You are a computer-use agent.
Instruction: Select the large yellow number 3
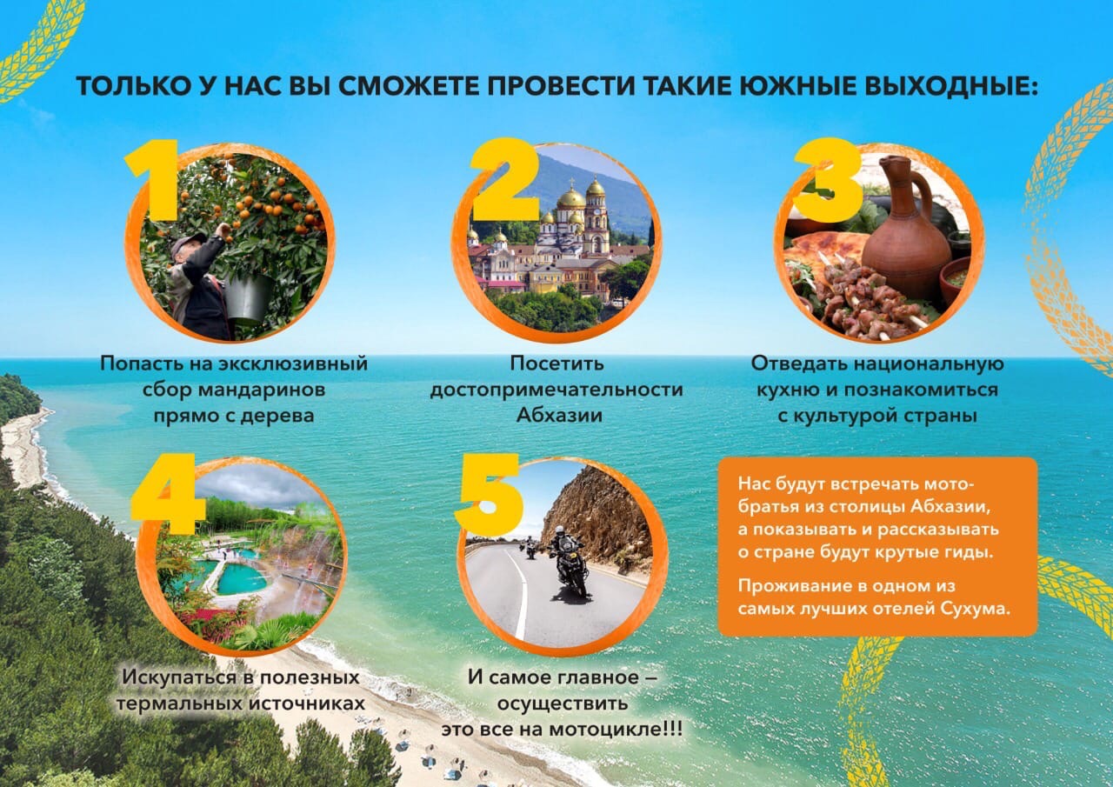827,180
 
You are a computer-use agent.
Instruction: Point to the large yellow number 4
168,493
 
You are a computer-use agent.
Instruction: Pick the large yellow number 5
490,493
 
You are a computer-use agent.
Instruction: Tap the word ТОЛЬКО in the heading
134,86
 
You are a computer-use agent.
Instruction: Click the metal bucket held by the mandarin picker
248,297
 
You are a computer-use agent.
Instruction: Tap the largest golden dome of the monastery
571,197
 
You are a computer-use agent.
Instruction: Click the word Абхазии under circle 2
559,416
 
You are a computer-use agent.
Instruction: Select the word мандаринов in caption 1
262,390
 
